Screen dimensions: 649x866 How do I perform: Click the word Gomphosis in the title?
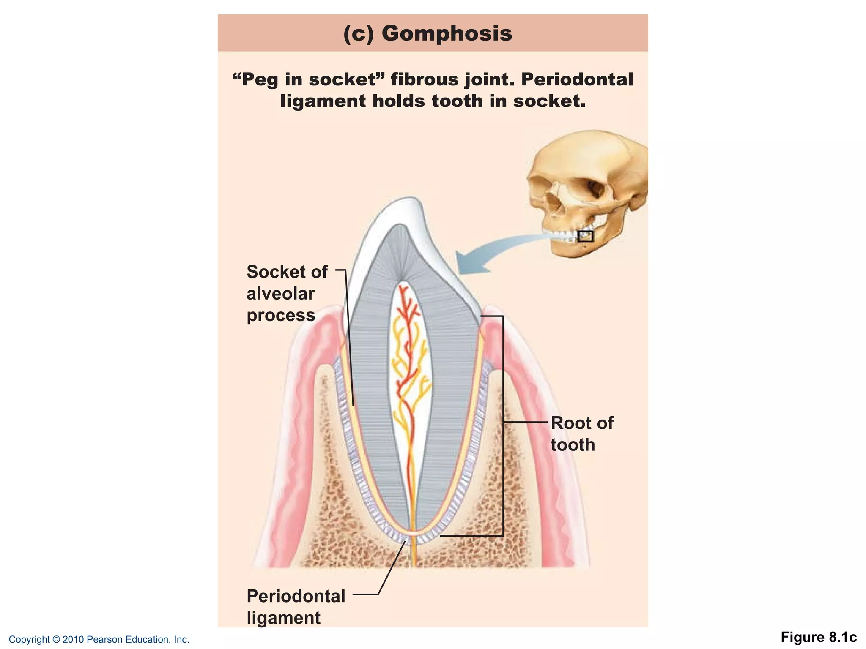pos(447,33)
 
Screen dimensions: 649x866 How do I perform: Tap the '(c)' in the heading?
pos(359,33)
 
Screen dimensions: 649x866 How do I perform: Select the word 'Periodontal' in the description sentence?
pos(577,79)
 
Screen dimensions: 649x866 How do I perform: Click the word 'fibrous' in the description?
pos(424,79)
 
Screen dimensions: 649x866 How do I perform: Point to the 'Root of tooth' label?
pos(581,434)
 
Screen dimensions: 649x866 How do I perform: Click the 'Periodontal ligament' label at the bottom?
pos(296,607)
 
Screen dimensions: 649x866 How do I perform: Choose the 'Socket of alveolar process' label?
pos(287,294)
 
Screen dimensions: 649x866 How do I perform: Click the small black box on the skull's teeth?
pos(586,236)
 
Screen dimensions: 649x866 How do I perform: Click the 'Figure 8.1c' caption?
pos(818,637)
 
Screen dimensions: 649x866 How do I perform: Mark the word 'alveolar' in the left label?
pos(281,294)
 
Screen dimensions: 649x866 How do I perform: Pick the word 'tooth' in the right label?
pos(573,445)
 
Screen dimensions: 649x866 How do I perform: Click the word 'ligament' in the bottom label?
pos(283,618)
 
